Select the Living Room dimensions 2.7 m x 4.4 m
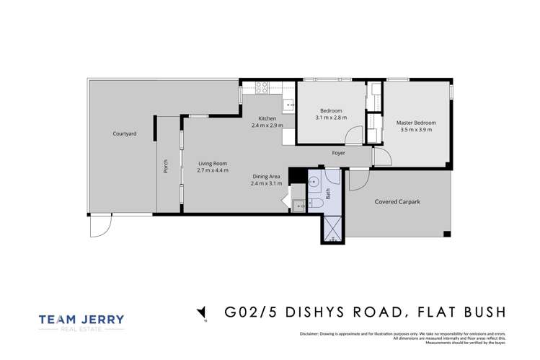pyautogui.click(x=213, y=171)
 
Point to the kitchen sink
pyautogui.click(x=289, y=105)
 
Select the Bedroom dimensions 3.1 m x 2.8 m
pyautogui.click(x=331, y=118)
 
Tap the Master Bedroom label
pyautogui.click(x=416, y=123)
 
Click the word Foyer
pyautogui.click(x=338, y=153)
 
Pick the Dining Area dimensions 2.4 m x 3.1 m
pyautogui.click(x=267, y=184)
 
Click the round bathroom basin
pyautogui.click(x=313, y=183)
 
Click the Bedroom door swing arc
pyautogui.click(x=354, y=136)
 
